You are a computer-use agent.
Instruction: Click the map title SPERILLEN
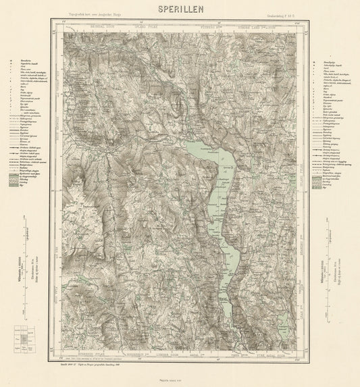[179, 9]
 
